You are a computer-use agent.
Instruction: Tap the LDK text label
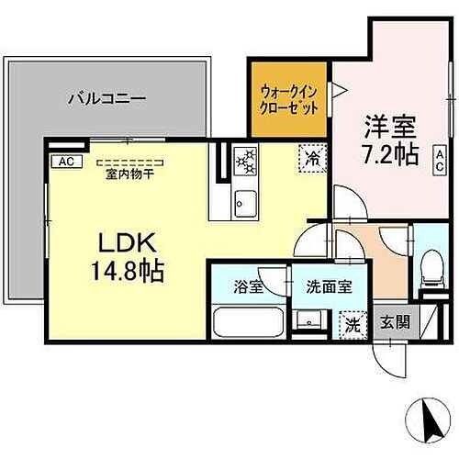click(x=127, y=243)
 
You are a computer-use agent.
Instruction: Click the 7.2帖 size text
click(x=384, y=156)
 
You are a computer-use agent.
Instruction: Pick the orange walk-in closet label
click(x=289, y=99)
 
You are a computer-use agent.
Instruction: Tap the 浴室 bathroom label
click(x=250, y=286)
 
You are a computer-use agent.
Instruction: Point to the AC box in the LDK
click(x=65, y=162)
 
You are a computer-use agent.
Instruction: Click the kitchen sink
click(x=245, y=201)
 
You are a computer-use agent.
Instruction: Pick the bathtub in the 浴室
click(x=250, y=323)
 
